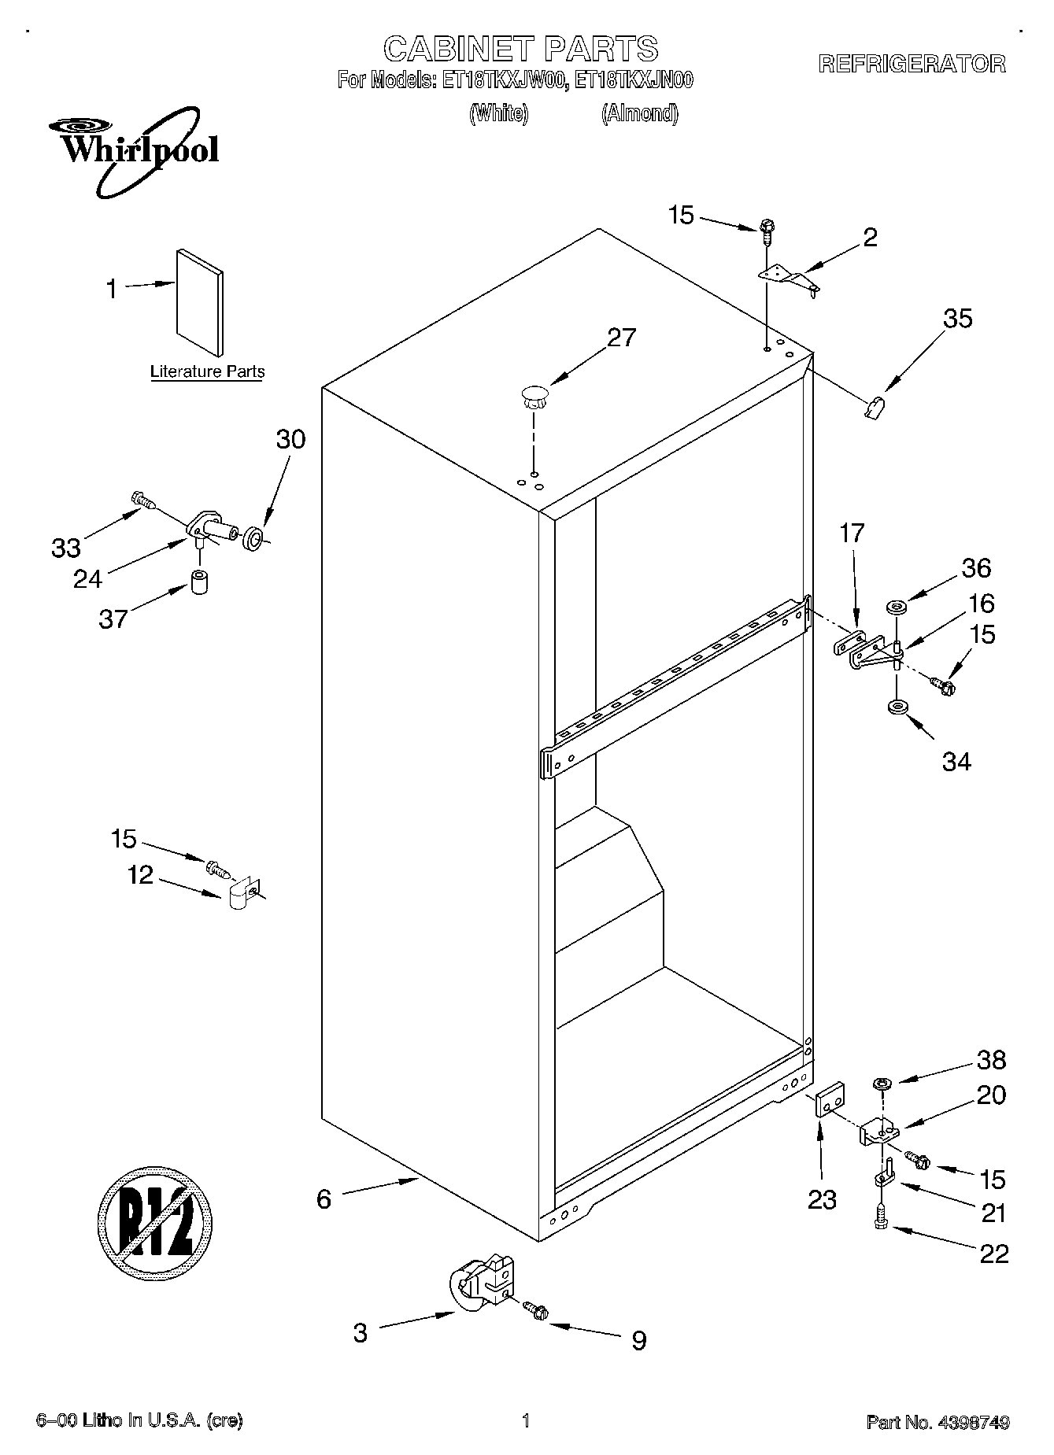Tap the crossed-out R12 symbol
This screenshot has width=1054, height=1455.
click(155, 1224)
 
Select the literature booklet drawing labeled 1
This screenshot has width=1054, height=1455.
click(199, 303)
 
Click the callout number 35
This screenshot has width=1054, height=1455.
click(957, 319)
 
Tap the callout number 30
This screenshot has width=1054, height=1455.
click(290, 439)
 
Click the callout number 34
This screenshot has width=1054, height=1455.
click(956, 761)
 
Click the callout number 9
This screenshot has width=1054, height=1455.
click(638, 1340)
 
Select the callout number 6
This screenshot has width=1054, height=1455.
click(324, 1198)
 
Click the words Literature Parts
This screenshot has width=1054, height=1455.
click(207, 371)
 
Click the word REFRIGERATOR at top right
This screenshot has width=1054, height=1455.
click(912, 65)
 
